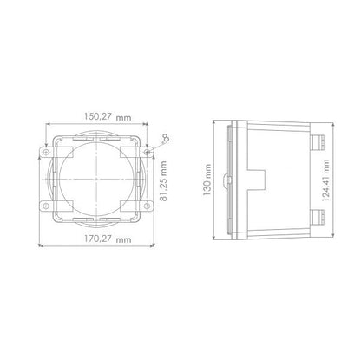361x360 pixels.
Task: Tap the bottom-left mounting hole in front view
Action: [43, 206]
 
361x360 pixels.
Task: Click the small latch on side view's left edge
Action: [224, 180]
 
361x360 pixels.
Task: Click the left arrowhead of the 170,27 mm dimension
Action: [39, 245]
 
